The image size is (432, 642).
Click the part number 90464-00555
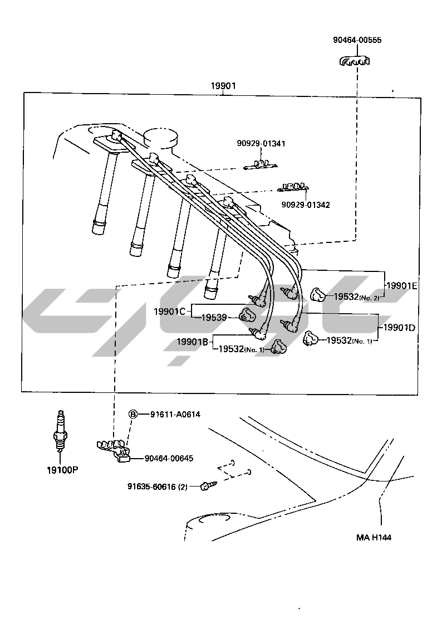pos(357,40)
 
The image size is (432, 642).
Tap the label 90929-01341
pos(261,143)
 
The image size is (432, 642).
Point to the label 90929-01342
pos(305,205)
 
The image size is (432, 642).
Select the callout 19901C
pos(169,311)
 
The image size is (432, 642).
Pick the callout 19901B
pos(193,342)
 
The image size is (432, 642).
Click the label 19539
pos(213,317)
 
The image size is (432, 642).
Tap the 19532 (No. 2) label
pos(357,297)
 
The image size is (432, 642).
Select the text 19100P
pos(62,469)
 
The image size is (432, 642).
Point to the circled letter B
pos(133,414)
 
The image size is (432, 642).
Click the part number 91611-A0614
pos(175,414)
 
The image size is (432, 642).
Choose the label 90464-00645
pos(169,458)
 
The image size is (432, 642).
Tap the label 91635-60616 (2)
pos(158,487)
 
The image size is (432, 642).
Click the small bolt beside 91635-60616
pos(207,487)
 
